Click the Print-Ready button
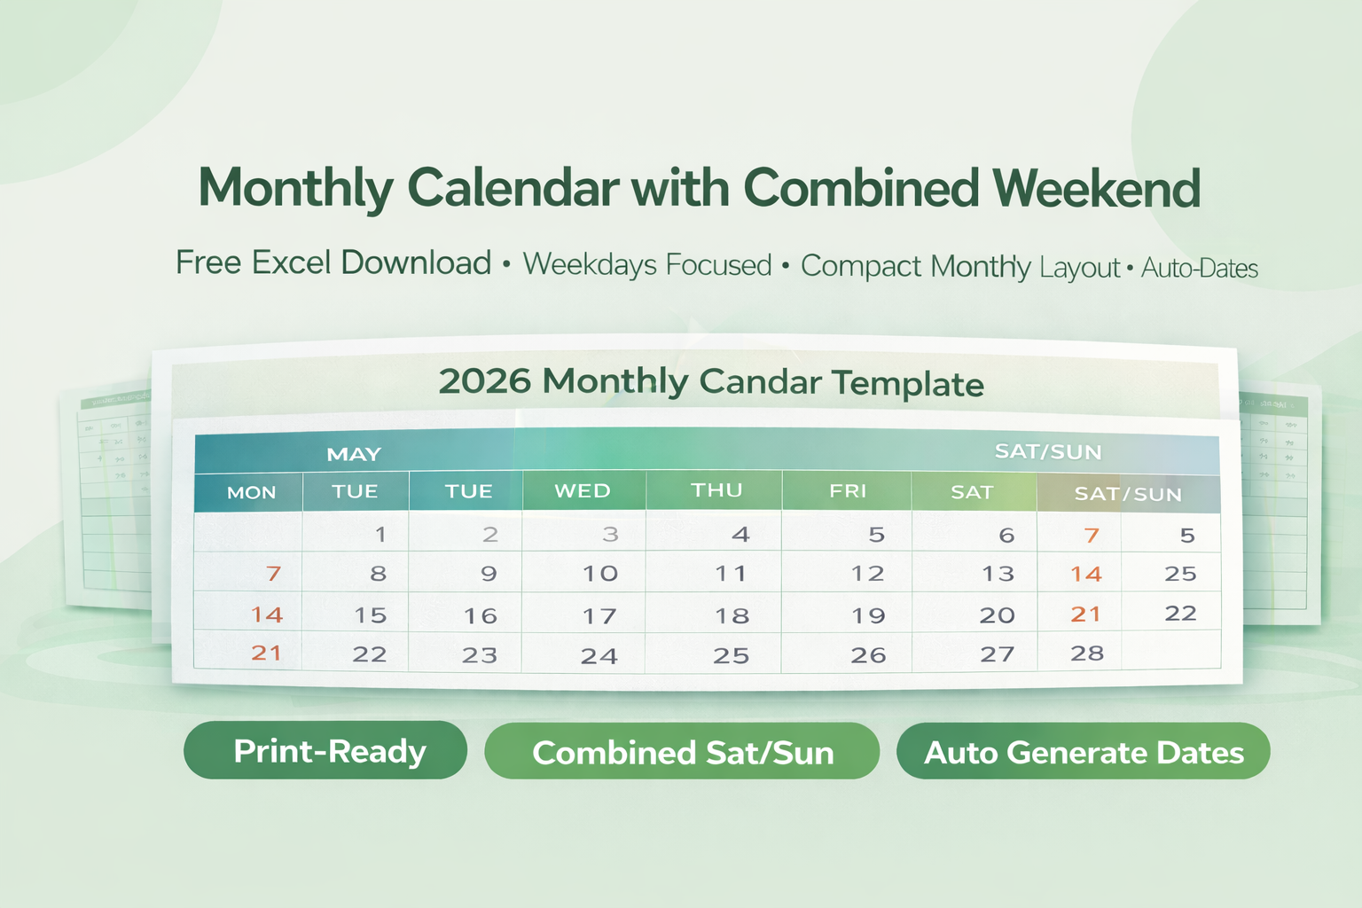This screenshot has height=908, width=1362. (325, 751)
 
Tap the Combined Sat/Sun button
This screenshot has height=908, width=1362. (682, 752)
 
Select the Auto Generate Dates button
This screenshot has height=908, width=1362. (1083, 752)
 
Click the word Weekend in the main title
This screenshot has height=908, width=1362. (1096, 188)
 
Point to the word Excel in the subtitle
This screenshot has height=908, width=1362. (292, 262)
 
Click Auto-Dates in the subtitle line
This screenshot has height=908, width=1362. (1199, 268)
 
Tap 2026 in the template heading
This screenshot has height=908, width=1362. (484, 381)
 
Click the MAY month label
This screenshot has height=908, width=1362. (354, 454)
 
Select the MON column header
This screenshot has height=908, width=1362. (251, 492)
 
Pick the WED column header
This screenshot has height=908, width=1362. (582, 490)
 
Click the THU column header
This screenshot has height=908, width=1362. (716, 489)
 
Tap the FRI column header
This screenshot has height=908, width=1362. (848, 490)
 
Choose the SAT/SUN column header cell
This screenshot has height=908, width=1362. (1128, 494)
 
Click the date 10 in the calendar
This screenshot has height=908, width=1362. (599, 574)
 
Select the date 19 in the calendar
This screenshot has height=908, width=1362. (867, 615)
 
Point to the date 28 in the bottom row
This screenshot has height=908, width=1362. (1087, 654)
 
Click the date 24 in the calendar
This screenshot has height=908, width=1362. (599, 656)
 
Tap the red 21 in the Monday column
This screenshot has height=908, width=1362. (266, 654)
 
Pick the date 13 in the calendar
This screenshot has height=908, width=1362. (998, 574)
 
